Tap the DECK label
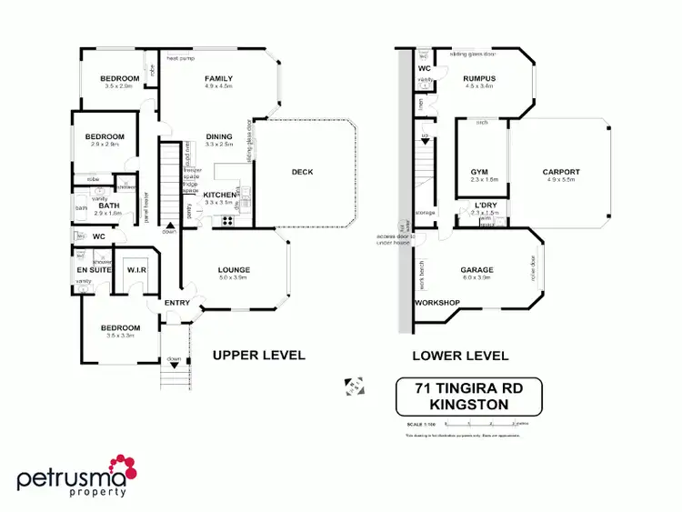pos(302,172)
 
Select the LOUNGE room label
pos(234,270)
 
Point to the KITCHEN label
pos(218,195)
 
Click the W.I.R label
pos(137,269)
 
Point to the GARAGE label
pos(476,270)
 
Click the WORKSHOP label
pos(436,303)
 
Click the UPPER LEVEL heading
pos(258,355)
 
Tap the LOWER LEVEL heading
pos(460,356)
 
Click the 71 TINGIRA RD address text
pos(468,388)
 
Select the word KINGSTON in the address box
pos(468,404)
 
